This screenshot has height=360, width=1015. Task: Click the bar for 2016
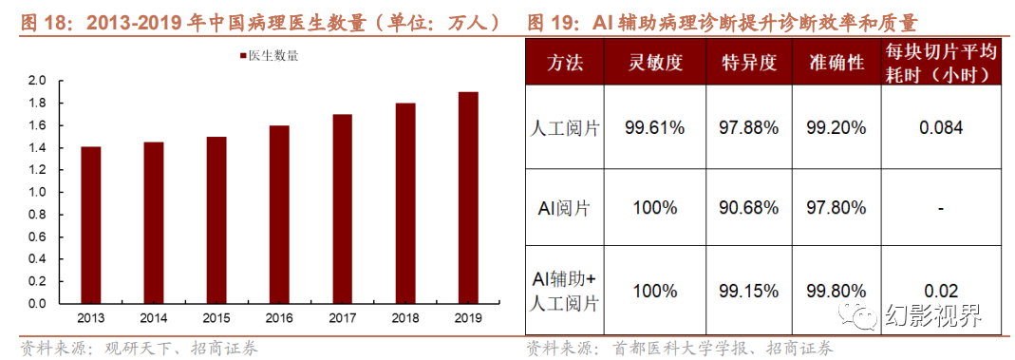click(279, 215)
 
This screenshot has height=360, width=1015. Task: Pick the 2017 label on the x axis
click(341, 317)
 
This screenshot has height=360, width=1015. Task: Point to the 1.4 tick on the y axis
click(37, 147)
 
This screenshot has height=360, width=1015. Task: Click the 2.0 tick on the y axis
click(37, 81)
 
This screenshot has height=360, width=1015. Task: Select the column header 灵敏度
click(655, 64)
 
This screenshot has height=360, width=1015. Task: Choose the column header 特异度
click(749, 64)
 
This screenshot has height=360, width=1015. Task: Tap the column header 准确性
click(836, 64)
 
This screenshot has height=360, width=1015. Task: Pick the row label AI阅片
click(565, 208)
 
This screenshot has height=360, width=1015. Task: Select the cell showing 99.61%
click(655, 128)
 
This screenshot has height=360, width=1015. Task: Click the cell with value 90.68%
click(749, 208)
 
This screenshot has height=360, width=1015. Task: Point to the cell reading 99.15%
click(749, 290)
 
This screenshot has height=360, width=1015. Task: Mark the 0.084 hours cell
click(940, 128)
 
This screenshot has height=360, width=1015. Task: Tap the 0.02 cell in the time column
click(940, 290)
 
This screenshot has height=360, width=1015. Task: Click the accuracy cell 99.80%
click(836, 290)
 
